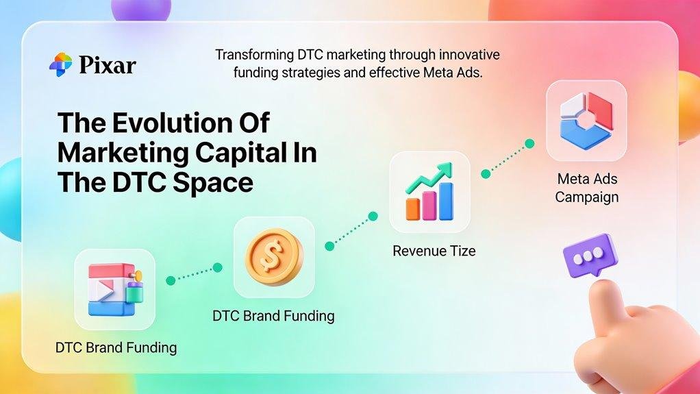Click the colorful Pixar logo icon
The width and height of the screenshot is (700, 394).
60,65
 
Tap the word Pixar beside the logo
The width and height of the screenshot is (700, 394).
107,66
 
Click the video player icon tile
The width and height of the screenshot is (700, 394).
114,289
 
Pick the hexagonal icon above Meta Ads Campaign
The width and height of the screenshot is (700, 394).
586,121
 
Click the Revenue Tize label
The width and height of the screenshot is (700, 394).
434,251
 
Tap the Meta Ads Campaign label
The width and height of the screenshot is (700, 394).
586,188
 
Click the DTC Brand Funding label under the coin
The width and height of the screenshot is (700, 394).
273,316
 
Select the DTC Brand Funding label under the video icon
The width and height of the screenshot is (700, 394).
116,348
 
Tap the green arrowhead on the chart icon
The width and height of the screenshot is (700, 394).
447,167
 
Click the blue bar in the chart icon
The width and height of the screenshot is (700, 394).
445,201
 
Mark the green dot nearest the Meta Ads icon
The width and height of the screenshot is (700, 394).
529,144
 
